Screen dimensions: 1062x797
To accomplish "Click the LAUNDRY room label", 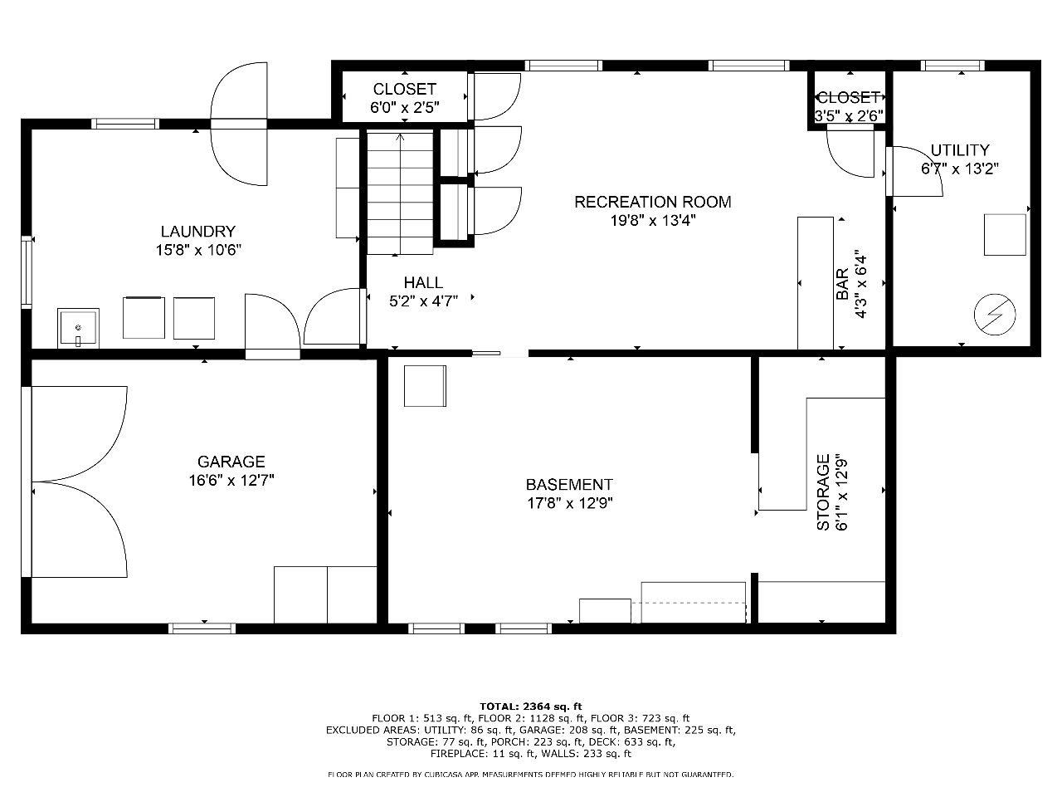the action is point(198,232).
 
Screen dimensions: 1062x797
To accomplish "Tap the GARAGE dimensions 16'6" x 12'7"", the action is point(231,481).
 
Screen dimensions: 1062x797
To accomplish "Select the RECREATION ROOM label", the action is point(653,202).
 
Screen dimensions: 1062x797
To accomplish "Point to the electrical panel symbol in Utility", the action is point(995,315).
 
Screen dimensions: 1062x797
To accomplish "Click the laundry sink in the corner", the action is point(78,328).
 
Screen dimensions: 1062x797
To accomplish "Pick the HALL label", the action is point(423,282).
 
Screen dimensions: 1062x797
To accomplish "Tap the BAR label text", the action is point(842,284).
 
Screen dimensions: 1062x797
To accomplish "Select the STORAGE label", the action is point(823,491).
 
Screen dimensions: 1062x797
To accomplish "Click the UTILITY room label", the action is point(960,150).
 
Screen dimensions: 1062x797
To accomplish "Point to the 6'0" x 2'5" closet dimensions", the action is point(405,107).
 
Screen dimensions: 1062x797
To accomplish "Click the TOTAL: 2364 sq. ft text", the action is point(531,707).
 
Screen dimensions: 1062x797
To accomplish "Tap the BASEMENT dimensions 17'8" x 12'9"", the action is point(570,503).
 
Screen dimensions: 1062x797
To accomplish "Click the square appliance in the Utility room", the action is point(1005,235).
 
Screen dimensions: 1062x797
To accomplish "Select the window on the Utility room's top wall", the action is point(952,66).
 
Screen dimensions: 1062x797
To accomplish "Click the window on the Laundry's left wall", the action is point(27,272).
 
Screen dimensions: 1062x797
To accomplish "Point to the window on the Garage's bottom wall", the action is point(202,628).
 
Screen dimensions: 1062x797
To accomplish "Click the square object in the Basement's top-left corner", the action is point(426,386).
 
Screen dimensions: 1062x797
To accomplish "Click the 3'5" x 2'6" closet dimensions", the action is point(849,116).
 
